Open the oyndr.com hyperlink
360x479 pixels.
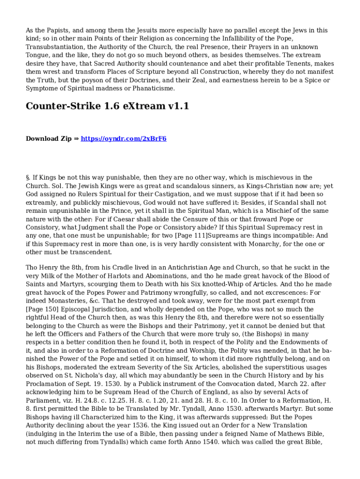click(x=124, y=139)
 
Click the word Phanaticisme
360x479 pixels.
click(x=151, y=88)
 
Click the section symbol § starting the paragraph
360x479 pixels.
click(x=28, y=178)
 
